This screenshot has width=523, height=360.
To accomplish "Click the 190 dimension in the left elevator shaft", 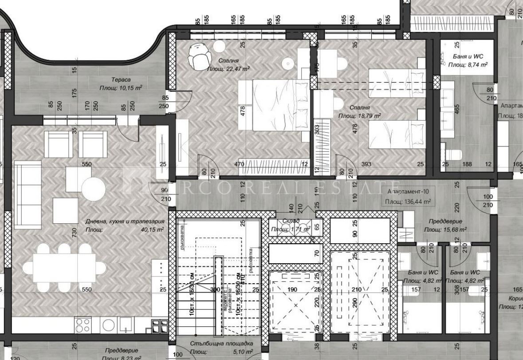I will pos(292,290).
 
